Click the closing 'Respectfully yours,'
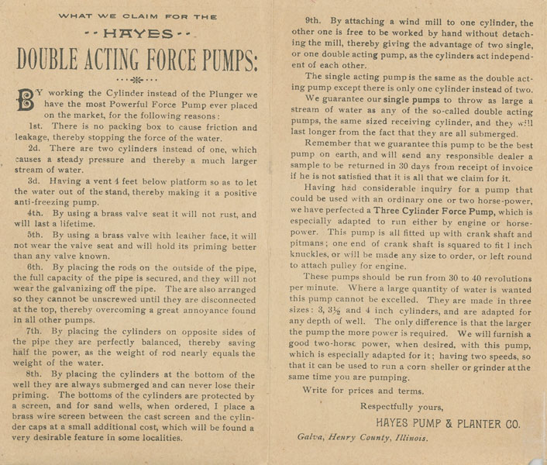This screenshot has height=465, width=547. coord(401,406)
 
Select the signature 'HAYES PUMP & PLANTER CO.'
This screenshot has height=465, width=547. coord(448,423)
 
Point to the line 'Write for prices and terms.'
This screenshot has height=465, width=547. coord(363,391)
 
